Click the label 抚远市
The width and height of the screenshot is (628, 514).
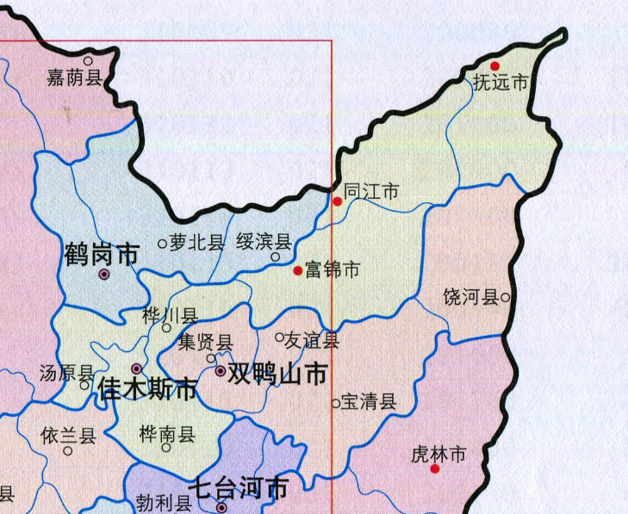click(500, 84)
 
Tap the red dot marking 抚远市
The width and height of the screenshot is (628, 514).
click(495, 65)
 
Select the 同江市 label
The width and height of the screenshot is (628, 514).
click(371, 192)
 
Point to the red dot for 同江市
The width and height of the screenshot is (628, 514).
click(338, 201)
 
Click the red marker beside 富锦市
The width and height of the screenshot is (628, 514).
click(298, 270)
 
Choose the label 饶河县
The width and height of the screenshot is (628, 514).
click(471, 298)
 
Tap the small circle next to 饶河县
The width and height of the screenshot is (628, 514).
click(506, 298)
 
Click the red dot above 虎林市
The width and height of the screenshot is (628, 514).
click(435, 468)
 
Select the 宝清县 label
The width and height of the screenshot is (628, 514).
click(369, 401)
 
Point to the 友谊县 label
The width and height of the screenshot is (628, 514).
click(312, 340)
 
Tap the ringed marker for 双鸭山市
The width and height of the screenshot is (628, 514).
click(221, 371)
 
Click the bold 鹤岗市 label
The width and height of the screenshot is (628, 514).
click(102, 254)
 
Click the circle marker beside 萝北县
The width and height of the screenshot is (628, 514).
click(162, 244)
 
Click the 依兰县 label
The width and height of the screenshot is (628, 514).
click(67, 436)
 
